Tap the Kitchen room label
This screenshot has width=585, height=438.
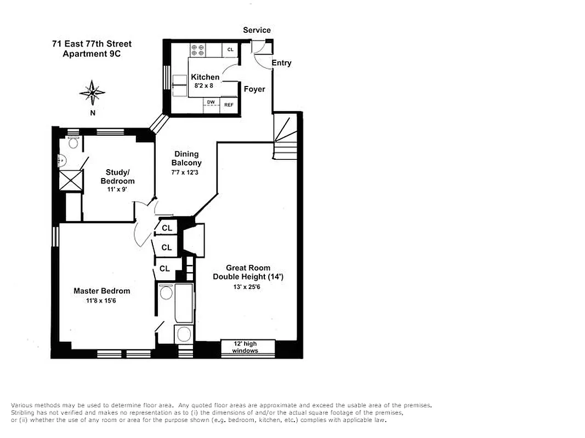click(x=205, y=77)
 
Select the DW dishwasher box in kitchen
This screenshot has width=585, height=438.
click(x=211, y=102)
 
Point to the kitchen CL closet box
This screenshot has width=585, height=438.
click(x=230, y=50)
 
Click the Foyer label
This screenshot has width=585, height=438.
click(x=254, y=89)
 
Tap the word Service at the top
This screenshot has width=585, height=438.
click(x=257, y=30)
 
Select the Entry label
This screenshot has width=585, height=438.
click(x=281, y=63)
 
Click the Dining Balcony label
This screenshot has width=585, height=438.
click(x=186, y=158)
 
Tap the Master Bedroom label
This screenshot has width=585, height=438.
click(x=102, y=291)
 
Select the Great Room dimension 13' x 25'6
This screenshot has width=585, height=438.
click(x=248, y=287)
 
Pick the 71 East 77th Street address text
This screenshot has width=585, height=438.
click(x=88, y=44)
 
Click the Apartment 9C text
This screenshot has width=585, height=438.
click(x=90, y=54)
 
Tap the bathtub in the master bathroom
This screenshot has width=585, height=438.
click(x=183, y=304)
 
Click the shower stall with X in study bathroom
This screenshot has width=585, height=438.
click(x=70, y=179)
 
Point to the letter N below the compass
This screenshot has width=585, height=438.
click(x=93, y=113)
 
